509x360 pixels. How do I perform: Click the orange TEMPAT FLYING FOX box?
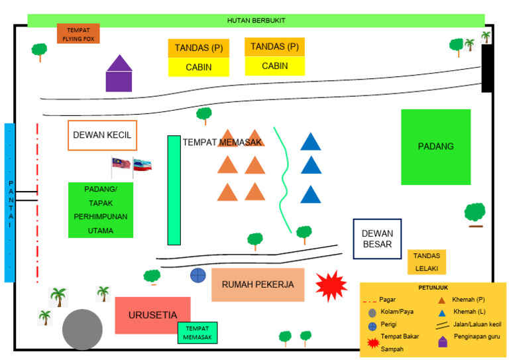[78, 34]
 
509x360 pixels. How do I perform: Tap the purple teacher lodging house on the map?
[119, 74]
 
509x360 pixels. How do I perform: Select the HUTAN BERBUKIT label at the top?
[256, 21]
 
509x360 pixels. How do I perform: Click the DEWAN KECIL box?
[102, 135]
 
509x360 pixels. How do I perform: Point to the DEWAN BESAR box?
[377, 239]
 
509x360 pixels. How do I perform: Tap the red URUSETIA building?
[152, 315]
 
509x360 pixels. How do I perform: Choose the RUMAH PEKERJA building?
[258, 285]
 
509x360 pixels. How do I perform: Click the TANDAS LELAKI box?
[426, 262]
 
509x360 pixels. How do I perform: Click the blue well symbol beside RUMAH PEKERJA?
[198, 275]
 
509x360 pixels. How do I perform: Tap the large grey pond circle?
[83, 330]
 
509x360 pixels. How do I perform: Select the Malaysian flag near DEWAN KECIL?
[121, 164]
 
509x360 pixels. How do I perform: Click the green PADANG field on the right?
[435, 147]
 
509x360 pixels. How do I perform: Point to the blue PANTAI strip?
[9, 202]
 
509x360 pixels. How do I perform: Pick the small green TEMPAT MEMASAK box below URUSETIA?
[198, 333]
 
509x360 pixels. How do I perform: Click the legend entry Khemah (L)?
[467, 312]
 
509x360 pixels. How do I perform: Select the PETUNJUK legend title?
[433, 288]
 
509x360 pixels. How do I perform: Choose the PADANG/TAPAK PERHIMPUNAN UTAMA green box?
[101, 210]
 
